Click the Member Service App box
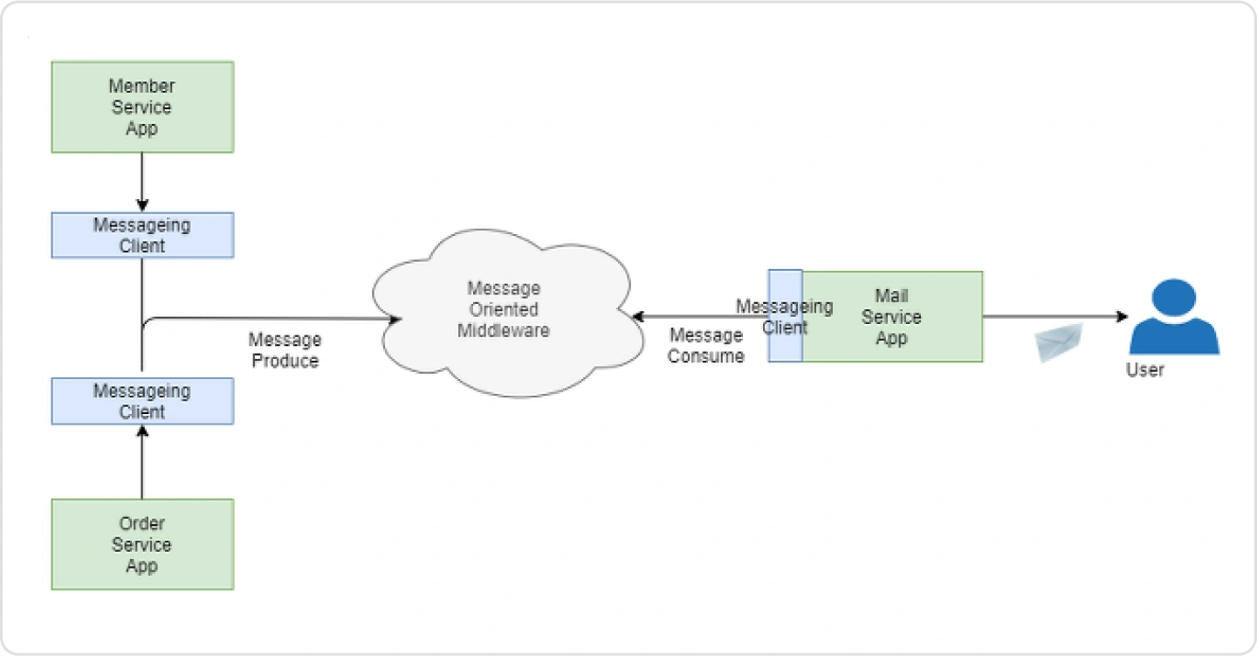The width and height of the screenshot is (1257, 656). [x=142, y=107]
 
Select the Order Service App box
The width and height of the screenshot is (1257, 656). [x=142, y=544]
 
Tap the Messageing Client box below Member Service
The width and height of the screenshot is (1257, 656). [x=142, y=235]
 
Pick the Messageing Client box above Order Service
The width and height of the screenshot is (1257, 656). [x=142, y=401]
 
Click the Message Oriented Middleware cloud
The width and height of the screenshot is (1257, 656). [x=508, y=312]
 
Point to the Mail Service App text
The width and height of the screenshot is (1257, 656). [x=891, y=317]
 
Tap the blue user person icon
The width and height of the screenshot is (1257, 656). [x=1174, y=317]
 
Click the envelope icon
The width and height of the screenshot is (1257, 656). [x=1058, y=342]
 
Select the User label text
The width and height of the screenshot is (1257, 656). [x=1144, y=370]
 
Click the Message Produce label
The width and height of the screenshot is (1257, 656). [x=285, y=350]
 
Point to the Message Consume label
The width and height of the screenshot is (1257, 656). [x=706, y=345]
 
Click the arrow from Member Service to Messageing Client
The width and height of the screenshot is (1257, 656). [x=142, y=182]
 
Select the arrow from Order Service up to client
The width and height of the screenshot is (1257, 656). [x=142, y=462]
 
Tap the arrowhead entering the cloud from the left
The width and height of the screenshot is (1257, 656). [x=395, y=319]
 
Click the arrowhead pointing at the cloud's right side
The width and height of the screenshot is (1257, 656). [x=637, y=317]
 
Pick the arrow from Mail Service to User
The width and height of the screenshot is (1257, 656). [x=1055, y=317]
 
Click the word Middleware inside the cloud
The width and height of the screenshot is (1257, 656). [x=504, y=331]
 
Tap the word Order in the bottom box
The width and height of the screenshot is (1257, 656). [x=142, y=523]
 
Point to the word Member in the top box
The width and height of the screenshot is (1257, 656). [x=142, y=86]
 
